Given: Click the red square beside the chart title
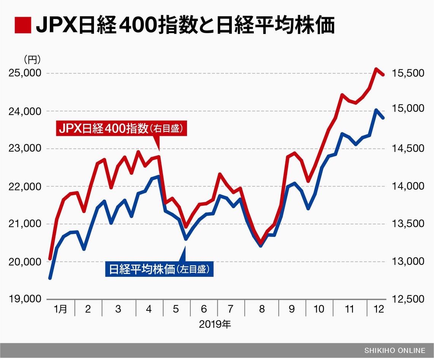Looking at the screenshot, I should pos(22,26).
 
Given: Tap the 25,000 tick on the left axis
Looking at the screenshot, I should pos(24,73).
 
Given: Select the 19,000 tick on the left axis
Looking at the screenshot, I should pos(24,299).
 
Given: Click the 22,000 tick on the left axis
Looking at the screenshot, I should pos(24,187).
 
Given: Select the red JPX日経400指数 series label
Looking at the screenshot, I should pos(122,129).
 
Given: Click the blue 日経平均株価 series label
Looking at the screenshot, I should pos(159,270).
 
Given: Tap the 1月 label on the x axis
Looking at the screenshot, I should pos(61,309).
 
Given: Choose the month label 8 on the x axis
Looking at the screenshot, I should pos(262,309).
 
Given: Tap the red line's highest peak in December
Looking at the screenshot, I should pos(376,69).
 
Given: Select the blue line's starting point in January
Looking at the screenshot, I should pos(50,278).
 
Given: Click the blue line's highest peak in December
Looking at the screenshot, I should pos(376,110).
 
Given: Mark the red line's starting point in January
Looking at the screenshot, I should pos(50,259).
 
